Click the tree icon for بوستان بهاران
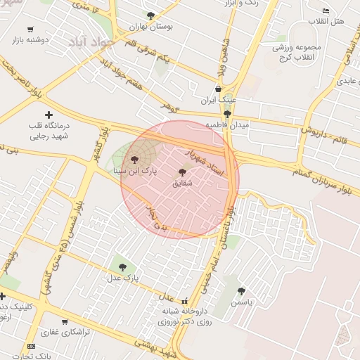[x=150, y=15]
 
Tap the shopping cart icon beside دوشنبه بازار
[x=30, y=30]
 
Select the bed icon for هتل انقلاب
[x=325, y=11]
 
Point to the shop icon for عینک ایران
[x=218, y=89]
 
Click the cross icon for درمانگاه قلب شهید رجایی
[x=49, y=114]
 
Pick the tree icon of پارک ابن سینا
[x=135, y=160]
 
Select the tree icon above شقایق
[x=183, y=172]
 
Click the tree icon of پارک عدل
[x=123, y=267]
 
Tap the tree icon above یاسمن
[x=241, y=291]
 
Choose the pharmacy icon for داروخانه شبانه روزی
[x=185, y=300]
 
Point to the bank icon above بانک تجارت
[x=31, y=346]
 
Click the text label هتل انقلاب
[x=328, y=22]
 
